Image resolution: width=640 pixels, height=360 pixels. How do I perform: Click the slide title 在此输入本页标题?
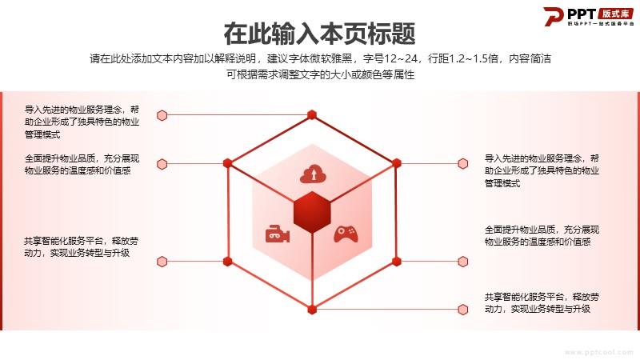(x=319, y=34)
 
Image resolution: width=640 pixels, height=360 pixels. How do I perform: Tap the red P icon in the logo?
(x=554, y=16)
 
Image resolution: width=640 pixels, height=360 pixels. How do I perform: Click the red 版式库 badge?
(x=616, y=14)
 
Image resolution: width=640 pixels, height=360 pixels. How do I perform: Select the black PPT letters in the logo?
(x=582, y=14)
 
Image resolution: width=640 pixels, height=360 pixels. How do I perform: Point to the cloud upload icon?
(x=313, y=174)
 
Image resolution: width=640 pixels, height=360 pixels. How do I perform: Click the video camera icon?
(x=278, y=234)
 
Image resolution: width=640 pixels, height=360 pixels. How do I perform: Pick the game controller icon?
(x=346, y=234)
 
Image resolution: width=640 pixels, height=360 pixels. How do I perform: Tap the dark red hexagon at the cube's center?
(x=312, y=212)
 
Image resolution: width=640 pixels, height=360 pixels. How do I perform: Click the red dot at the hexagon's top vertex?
(x=312, y=114)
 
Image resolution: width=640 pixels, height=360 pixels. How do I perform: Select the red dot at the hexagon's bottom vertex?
(x=312, y=310)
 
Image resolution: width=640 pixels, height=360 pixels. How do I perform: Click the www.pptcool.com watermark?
(x=599, y=352)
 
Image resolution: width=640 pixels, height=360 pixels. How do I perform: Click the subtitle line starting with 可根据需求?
(x=321, y=74)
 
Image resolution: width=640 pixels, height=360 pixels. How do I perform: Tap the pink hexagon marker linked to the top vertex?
(x=162, y=115)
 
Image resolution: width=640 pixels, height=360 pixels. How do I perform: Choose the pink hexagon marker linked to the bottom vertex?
(x=463, y=310)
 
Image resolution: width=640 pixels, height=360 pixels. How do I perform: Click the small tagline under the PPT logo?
(x=601, y=24)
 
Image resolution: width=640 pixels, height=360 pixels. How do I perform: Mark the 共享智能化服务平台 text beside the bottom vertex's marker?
(x=542, y=303)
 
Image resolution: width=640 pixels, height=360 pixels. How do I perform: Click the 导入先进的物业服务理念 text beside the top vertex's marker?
(x=82, y=122)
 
